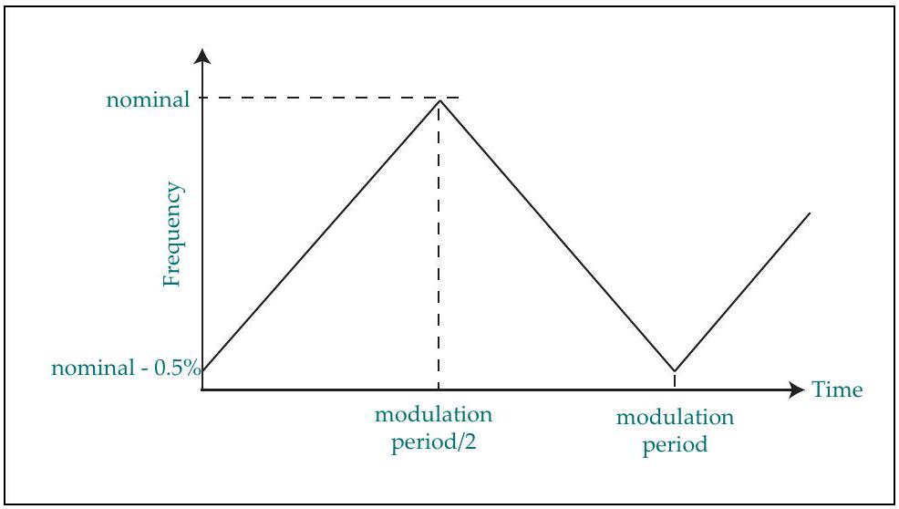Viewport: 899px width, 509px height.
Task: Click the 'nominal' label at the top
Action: click(x=148, y=99)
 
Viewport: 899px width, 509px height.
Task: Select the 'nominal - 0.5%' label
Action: click(x=126, y=368)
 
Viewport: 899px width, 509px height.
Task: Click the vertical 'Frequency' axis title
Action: click(x=171, y=234)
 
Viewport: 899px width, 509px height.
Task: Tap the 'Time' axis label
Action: click(x=837, y=390)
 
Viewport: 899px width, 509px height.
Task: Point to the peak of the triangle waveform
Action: click(x=439, y=100)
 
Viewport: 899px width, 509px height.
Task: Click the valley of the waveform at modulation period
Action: click(x=675, y=370)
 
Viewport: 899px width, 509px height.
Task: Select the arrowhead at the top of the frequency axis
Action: click(x=202, y=57)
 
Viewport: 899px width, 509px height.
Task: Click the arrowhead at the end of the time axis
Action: click(x=797, y=390)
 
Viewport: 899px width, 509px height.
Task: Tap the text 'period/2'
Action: click(x=433, y=443)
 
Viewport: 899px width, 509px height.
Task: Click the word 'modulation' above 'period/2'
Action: click(x=433, y=414)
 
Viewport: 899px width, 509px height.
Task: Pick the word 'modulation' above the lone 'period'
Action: click(x=675, y=417)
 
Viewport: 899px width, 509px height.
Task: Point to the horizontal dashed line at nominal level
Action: click(x=330, y=99)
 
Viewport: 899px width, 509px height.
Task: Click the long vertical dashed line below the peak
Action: click(x=439, y=245)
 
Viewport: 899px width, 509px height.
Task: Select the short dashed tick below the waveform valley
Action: click(x=675, y=380)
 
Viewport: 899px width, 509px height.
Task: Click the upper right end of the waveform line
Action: click(x=810, y=213)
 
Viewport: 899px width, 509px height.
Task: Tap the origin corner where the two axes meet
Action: click(x=202, y=390)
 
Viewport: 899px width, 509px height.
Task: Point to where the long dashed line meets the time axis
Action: click(x=439, y=390)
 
